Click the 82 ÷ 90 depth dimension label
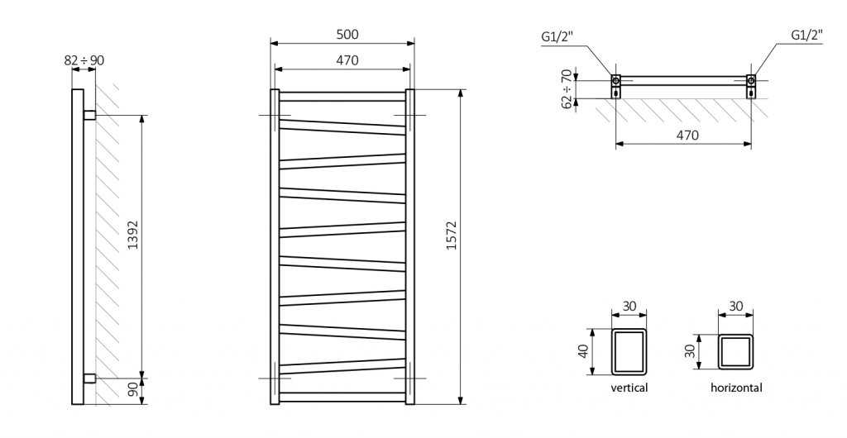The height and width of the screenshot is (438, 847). (x=84, y=60)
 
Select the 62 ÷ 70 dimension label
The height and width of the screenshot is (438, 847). (x=567, y=89)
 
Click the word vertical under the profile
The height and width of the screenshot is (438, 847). (x=629, y=388)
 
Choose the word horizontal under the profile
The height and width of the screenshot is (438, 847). (x=735, y=388)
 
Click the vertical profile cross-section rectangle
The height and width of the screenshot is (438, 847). (x=629, y=352)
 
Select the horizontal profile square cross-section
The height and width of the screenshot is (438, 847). (x=735, y=352)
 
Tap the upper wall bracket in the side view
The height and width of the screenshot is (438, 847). (x=89, y=114)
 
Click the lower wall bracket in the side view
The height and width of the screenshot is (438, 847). (x=89, y=378)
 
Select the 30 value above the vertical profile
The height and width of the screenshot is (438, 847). (x=629, y=307)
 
